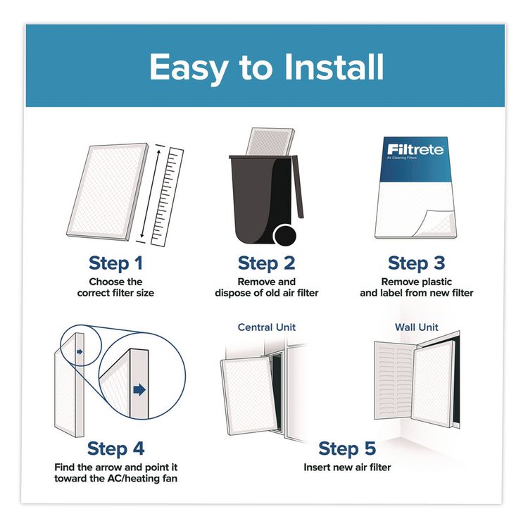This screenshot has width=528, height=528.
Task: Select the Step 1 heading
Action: [x=115, y=263]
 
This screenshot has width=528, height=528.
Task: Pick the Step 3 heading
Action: [x=416, y=263]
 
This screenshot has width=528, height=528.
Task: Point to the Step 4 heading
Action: [x=115, y=448]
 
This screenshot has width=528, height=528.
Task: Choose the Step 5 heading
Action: [x=347, y=448]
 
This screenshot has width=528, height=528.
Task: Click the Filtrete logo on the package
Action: [x=413, y=150]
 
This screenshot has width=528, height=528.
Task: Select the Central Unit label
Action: [x=267, y=327]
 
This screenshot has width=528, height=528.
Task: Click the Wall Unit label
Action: [x=417, y=327]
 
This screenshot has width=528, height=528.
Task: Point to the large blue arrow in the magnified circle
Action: [x=139, y=389]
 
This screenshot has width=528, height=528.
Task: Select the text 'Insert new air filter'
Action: [x=347, y=467]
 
